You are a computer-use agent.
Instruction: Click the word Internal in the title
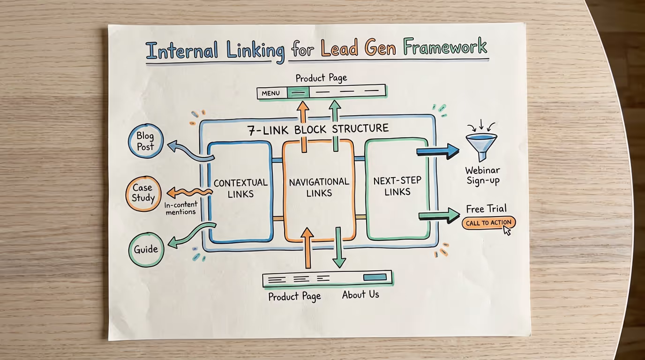coord(181,51)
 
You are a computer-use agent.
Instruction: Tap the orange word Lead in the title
coord(340,49)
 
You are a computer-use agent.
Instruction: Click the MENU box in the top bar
coord(271,93)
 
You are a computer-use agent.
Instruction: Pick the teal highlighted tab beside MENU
coord(298,92)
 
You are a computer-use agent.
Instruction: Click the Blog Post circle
coord(145,141)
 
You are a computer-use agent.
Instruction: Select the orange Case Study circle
coord(143,193)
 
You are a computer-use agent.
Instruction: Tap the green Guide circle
coord(146,249)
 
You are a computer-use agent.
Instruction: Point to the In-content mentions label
coord(180,208)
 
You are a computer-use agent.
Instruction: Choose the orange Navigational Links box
coord(319,187)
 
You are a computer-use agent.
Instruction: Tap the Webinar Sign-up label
coord(482,175)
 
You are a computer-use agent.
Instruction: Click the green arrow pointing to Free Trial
coord(439,216)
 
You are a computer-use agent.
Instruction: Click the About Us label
coord(360,295)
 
